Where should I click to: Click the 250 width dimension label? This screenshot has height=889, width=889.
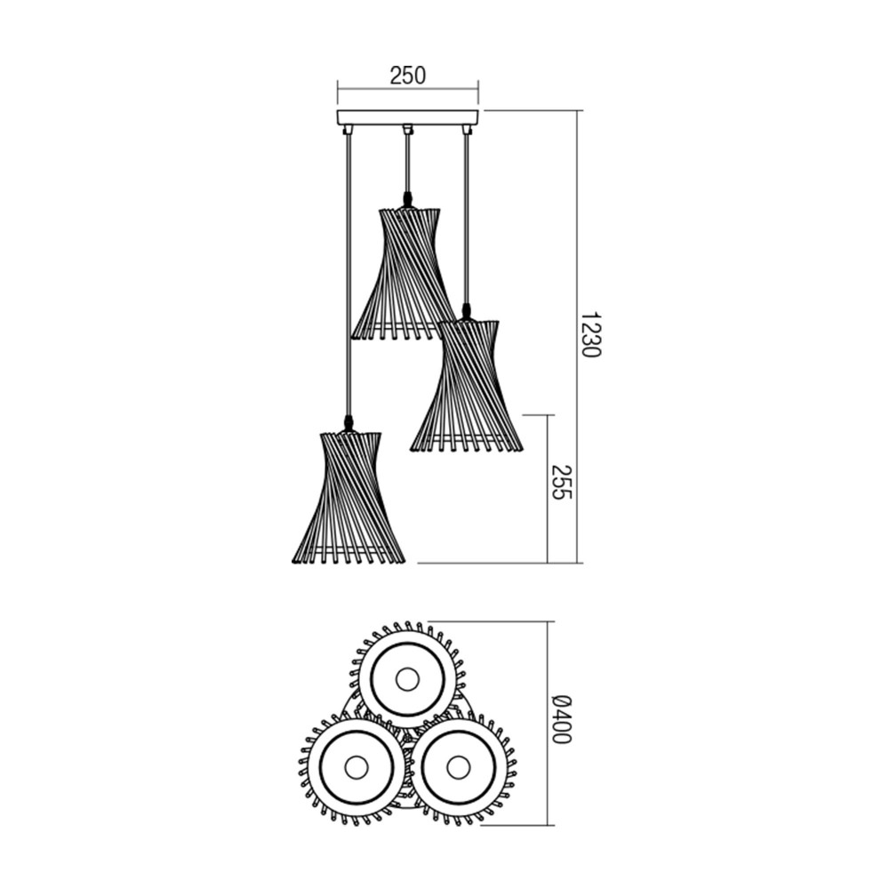(408, 76)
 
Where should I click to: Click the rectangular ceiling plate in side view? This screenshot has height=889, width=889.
(408, 117)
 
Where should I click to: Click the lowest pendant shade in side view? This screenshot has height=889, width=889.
(348, 498)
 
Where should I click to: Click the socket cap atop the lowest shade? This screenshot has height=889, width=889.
(348, 423)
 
